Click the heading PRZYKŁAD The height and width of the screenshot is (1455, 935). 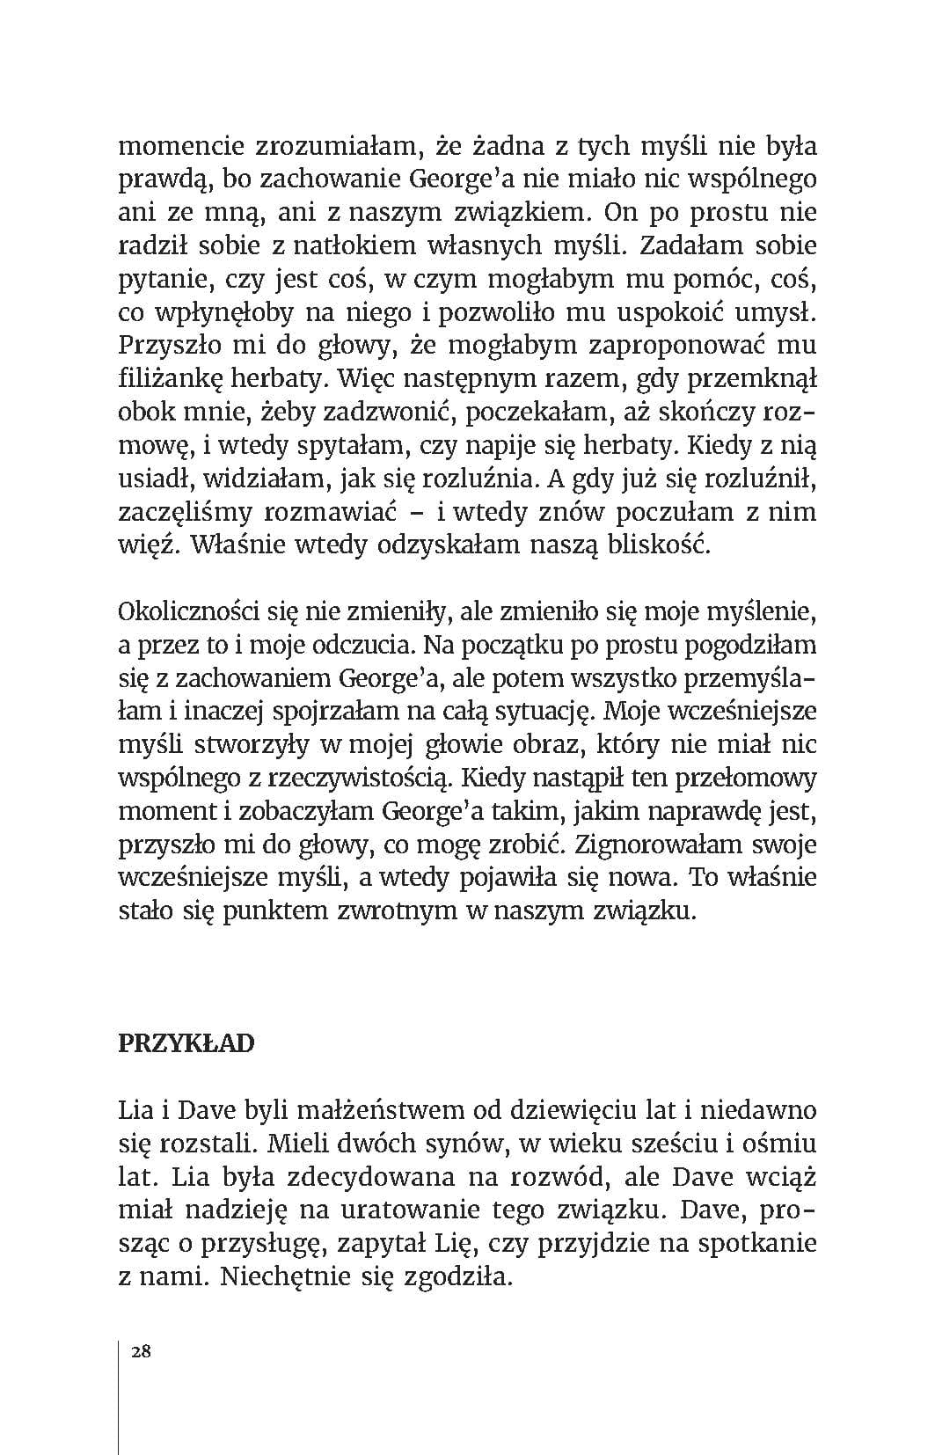186,1043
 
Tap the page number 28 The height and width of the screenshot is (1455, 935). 140,1351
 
